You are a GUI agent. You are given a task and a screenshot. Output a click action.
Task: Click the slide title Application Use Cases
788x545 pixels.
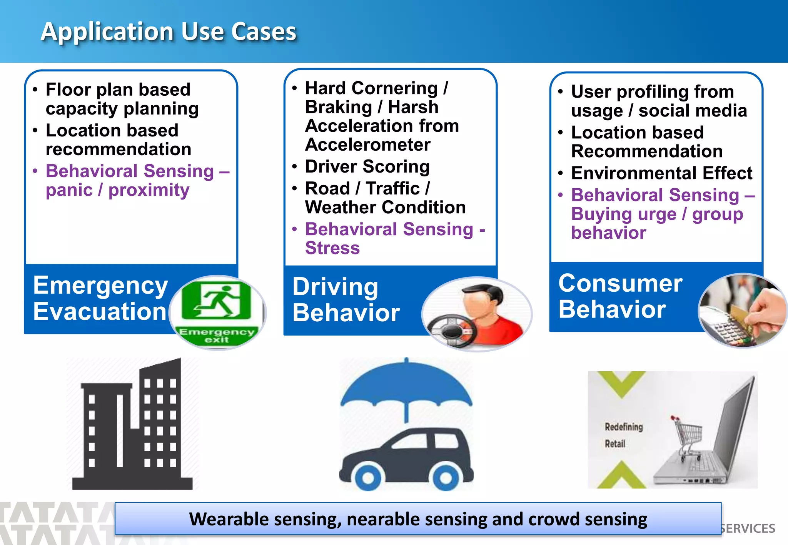point(169,32)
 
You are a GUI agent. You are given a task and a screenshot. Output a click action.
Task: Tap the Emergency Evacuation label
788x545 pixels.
point(100,298)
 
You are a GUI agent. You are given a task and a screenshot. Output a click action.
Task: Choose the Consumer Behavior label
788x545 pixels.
point(620,296)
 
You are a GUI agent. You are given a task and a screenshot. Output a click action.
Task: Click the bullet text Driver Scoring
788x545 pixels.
point(367,167)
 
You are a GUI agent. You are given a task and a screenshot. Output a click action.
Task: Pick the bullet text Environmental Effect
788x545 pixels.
point(661,173)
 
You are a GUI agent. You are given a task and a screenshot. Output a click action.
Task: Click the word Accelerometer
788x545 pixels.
point(367,145)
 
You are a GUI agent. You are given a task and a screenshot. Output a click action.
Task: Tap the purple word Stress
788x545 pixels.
point(332,248)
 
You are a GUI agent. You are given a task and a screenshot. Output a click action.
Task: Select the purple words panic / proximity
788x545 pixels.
point(117,190)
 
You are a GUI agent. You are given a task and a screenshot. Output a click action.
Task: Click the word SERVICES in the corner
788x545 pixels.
point(748,528)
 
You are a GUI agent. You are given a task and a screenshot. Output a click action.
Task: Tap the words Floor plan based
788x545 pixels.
point(118,90)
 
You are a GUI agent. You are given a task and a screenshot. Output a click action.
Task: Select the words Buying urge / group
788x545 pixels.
point(657,214)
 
